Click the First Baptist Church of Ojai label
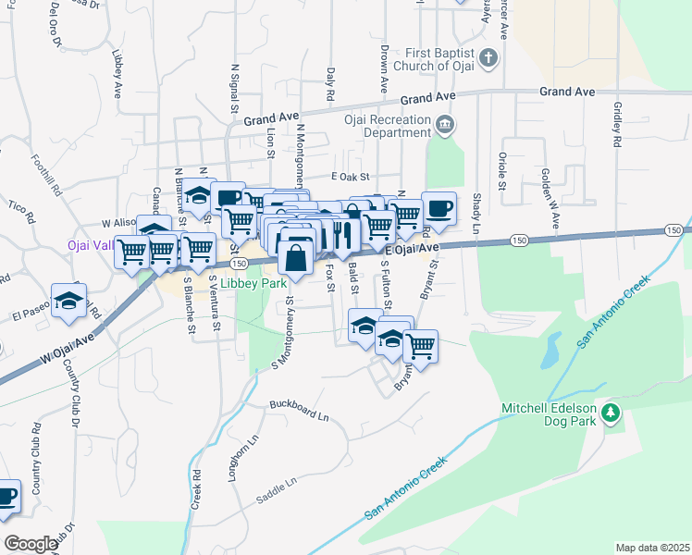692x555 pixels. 439,59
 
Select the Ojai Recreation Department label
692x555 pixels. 388,126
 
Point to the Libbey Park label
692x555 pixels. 253,284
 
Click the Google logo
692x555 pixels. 31,544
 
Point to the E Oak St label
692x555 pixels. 350,177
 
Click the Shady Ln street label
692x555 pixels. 476,213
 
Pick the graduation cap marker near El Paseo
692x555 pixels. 68,301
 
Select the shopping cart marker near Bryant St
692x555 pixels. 420,347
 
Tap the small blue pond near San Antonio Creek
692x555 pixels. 550,348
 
